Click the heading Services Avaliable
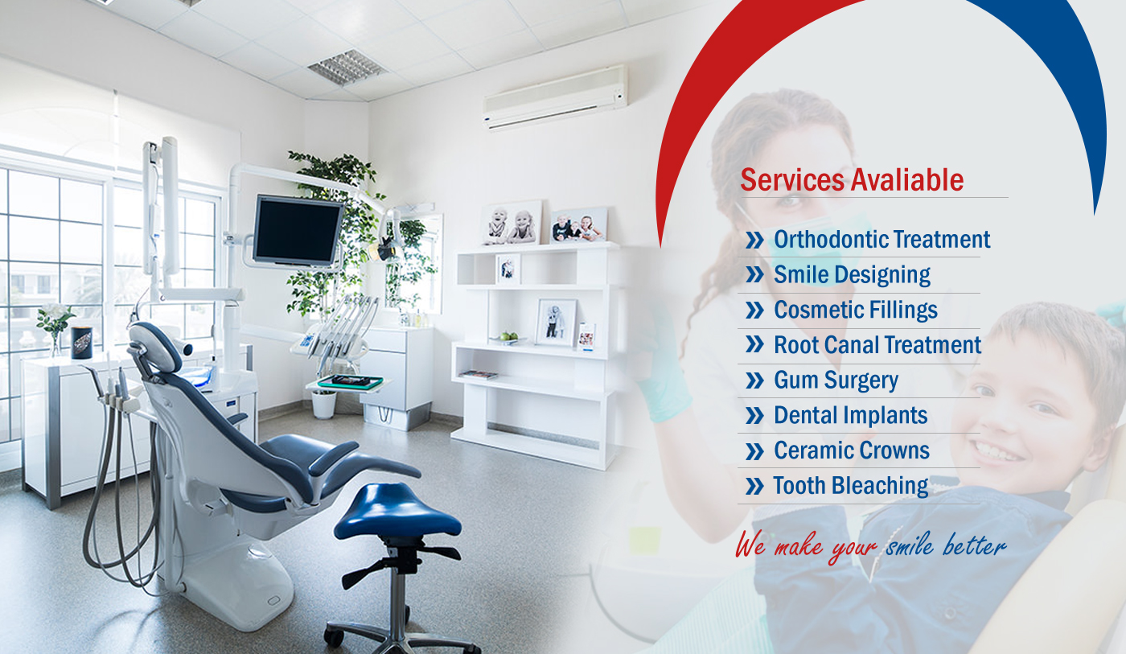[852, 180]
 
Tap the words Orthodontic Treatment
[881, 239]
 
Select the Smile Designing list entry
[852, 275]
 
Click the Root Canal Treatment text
[877, 345]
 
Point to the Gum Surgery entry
[836, 380]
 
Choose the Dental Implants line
[851, 415]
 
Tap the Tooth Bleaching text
[851, 486]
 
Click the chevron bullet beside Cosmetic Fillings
[754, 311]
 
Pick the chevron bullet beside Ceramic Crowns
[754, 451]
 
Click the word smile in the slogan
[910, 546]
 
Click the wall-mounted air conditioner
[555, 97]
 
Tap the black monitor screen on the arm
[297, 230]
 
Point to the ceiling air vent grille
[347, 67]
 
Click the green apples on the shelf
[508, 336]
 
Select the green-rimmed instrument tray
[350, 381]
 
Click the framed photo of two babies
[512, 223]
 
